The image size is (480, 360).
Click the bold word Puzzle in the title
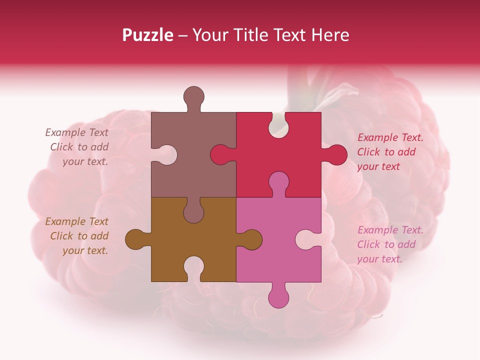pos(148,35)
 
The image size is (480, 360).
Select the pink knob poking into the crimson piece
pos(278,182)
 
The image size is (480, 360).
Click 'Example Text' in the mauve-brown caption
pos(76,132)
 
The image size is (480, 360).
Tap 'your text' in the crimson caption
pos(378,166)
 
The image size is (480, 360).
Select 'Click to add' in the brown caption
pos(79,236)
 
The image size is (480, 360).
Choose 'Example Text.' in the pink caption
pos(390,230)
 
